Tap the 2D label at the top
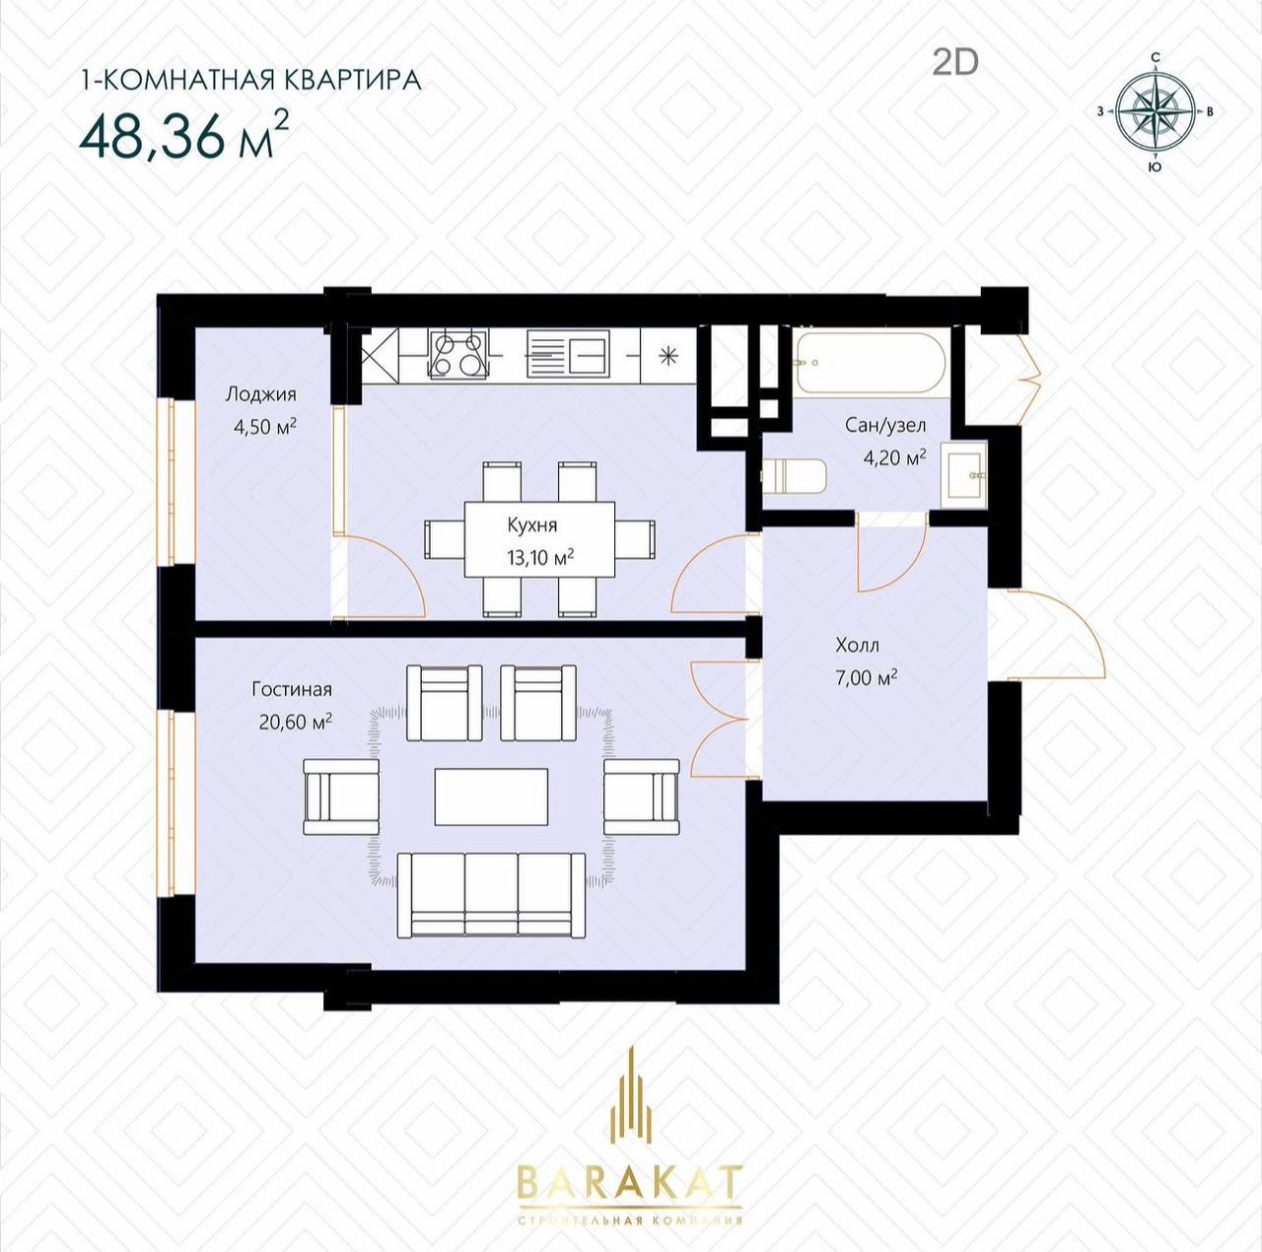(x=955, y=63)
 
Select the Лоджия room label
(x=260, y=394)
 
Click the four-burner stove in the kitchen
(x=458, y=354)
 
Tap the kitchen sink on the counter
(x=569, y=355)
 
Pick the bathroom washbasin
(x=964, y=475)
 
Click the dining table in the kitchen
(x=539, y=538)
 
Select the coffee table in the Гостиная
(x=491, y=797)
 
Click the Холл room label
(x=857, y=646)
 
